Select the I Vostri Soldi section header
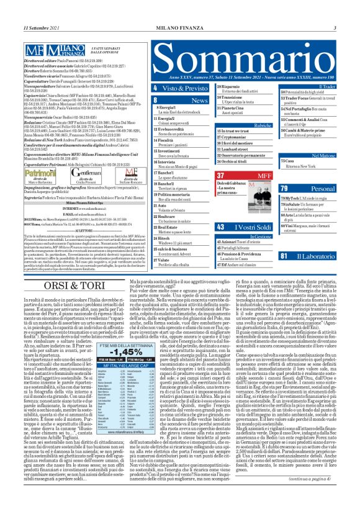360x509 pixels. tap(245, 228)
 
